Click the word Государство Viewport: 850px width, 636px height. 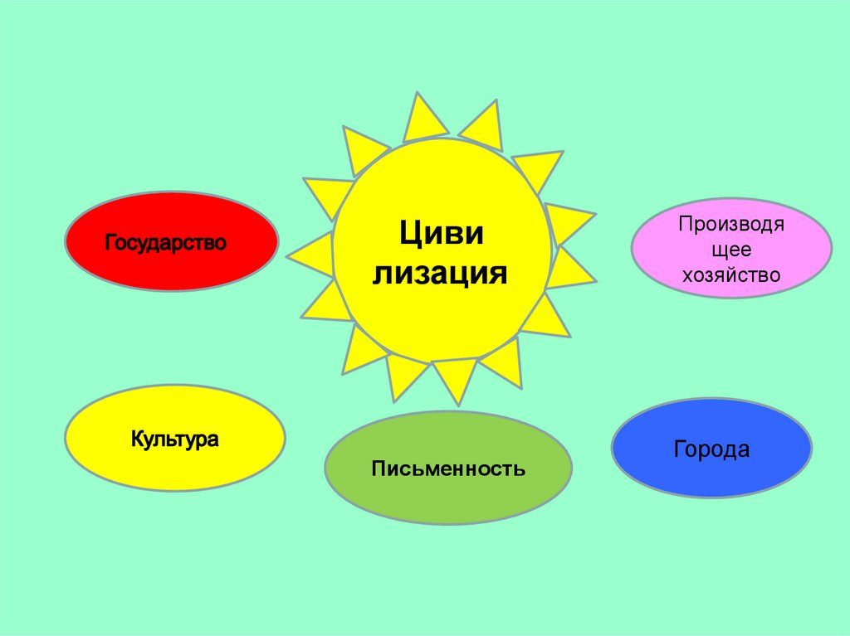click(x=166, y=244)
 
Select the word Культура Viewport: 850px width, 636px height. click(x=174, y=439)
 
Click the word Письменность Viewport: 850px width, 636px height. click(x=448, y=469)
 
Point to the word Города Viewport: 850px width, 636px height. click(x=711, y=450)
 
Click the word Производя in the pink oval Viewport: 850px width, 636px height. click(x=731, y=224)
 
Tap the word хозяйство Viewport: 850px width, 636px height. click(x=731, y=274)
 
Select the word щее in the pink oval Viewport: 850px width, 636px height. click(x=731, y=250)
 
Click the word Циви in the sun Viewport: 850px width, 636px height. click(x=441, y=233)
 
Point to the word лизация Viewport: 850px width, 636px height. click(x=441, y=272)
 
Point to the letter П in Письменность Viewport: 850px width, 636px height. click(x=378, y=469)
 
